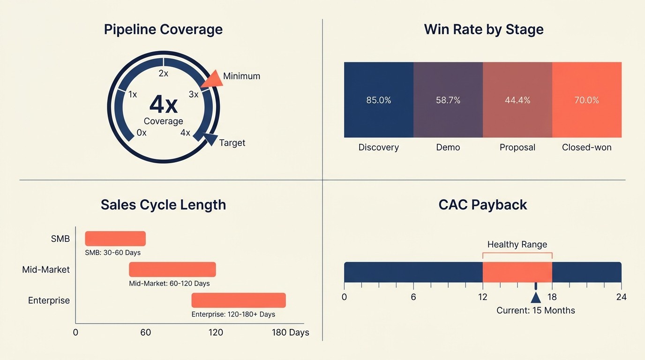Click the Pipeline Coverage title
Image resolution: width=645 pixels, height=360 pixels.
click(163, 30)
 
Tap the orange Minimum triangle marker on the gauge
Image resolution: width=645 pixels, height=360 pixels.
click(212, 79)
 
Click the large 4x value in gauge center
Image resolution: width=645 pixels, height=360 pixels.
click(163, 104)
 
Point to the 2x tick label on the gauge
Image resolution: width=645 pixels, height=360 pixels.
click(163, 74)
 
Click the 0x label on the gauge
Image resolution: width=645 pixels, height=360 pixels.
click(142, 133)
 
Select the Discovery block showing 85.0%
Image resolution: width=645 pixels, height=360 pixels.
click(379, 100)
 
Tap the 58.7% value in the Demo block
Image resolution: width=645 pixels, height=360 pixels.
click(448, 100)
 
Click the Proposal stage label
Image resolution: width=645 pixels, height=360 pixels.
click(517, 147)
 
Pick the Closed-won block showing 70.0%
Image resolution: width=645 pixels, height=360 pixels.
click(587, 100)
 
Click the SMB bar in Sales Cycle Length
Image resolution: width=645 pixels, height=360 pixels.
click(115, 239)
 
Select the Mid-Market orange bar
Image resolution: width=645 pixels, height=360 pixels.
click(172, 270)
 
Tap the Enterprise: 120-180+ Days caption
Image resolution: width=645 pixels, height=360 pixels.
click(233, 314)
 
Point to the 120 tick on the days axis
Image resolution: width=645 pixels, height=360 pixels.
click(216, 333)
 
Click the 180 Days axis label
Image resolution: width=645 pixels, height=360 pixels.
click(291, 333)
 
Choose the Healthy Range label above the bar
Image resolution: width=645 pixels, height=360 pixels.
click(517, 244)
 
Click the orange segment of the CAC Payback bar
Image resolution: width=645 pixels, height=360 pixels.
click(517, 272)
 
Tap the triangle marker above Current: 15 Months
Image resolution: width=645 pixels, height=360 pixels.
click(536, 298)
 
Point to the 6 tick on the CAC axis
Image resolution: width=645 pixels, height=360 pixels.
click(413, 297)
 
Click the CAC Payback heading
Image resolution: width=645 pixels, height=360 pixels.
click(483, 205)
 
